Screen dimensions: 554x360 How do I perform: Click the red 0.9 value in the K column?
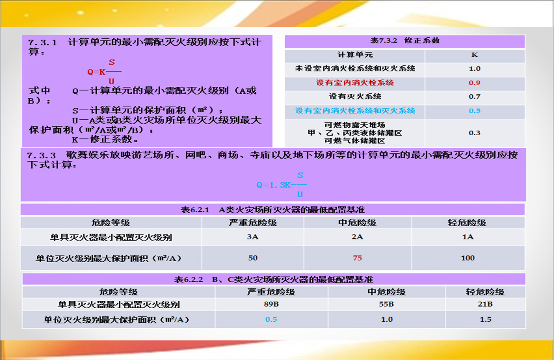(474, 83)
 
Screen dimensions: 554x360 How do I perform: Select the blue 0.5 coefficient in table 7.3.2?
(474, 111)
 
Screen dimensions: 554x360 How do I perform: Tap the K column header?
(474, 55)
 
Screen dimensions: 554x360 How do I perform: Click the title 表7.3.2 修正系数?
(405, 41)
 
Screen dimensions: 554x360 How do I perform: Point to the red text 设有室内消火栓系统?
(355, 83)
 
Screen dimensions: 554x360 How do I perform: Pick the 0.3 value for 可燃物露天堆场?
(474, 133)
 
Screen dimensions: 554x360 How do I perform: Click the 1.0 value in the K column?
(474, 69)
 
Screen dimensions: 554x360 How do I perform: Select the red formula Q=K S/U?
(104, 72)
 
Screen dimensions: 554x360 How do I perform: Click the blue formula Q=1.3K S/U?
(281, 185)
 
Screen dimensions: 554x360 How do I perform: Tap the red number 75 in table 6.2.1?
(357, 258)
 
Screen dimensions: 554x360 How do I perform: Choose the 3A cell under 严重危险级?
(253, 236)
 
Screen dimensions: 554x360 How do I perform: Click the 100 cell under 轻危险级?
(468, 258)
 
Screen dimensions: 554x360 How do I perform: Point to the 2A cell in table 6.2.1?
(357, 236)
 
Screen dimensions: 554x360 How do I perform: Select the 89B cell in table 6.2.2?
(271, 304)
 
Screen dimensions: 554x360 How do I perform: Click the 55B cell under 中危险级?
(386, 304)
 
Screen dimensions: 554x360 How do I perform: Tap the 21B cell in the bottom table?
(485, 304)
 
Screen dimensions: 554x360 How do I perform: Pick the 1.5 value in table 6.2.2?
(486, 319)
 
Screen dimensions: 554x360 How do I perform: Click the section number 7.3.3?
(41, 156)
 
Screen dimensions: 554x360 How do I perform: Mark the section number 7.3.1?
(42, 43)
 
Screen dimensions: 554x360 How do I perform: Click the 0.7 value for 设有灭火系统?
(474, 97)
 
